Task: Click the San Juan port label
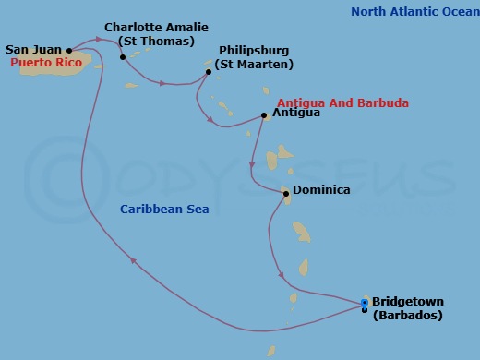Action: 34,49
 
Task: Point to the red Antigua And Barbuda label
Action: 342,102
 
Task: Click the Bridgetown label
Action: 408,301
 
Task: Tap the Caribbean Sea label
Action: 164,210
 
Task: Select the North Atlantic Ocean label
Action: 415,12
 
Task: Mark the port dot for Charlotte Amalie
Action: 123,57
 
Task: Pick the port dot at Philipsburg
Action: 209,71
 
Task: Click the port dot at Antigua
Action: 265,115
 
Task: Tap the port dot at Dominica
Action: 286,194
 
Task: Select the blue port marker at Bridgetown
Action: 365,303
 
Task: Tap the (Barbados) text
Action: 407,315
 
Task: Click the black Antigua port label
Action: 297,113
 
